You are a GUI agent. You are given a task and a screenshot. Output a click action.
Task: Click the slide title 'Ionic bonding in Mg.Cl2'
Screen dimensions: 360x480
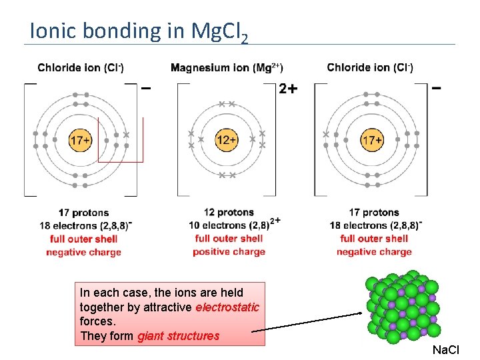[x=139, y=31]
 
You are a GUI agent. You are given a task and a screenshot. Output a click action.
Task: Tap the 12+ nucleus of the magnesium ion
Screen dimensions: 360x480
[x=226, y=140]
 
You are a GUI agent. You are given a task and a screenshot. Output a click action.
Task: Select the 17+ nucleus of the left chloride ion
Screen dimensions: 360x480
[x=80, y=140]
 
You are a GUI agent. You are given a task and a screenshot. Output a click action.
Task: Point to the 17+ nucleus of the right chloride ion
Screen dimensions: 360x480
[x=371, y=140]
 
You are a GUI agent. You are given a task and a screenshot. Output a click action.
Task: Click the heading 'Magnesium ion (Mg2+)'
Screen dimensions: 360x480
[x=227, y=67]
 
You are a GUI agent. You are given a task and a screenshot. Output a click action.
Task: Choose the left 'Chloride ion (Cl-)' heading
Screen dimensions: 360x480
[x=81, y=67]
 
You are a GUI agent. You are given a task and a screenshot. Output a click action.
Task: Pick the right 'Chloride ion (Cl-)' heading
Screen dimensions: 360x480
[x=370, y=67]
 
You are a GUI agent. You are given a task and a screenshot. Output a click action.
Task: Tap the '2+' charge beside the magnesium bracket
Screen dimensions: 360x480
[x=288, y=89]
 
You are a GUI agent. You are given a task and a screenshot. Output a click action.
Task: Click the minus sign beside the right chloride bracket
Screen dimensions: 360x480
[x=437, y=87]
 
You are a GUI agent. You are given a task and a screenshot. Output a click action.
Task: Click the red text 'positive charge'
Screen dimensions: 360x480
[x=229, y=251]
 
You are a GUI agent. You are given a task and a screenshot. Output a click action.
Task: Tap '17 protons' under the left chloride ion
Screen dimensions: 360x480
[x=84, y=213]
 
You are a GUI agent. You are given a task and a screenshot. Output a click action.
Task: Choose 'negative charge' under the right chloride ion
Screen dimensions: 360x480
[x=374, y=251]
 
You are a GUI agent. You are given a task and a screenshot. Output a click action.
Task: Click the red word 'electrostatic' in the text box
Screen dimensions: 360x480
[x=227, y=307]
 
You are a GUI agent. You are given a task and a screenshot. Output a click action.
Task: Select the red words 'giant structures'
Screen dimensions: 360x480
[x=178, y=336]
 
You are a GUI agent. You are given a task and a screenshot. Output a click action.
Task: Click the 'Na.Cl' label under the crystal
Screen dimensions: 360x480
[x=445, y=350]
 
